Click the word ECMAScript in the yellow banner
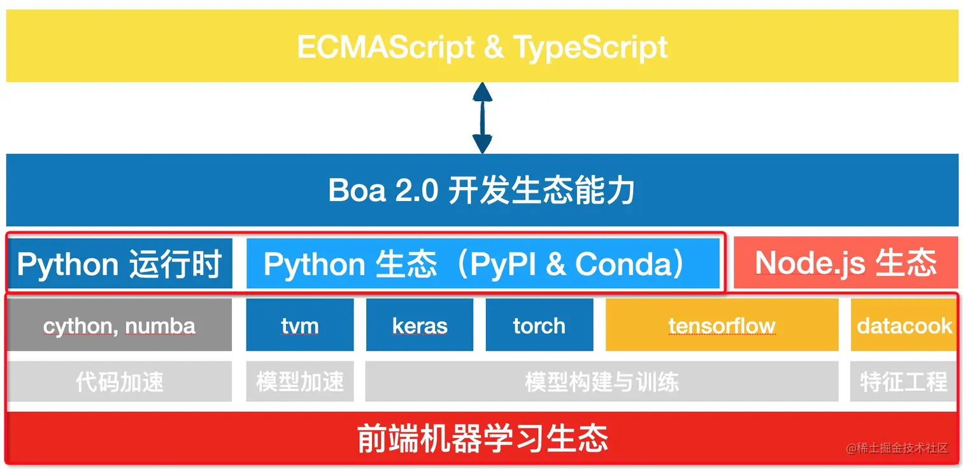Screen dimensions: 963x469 click(385, 47)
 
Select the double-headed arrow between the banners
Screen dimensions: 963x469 click(482, 118)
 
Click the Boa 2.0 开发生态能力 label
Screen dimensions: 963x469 click(481, 190)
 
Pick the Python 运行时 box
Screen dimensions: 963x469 click(120, 263)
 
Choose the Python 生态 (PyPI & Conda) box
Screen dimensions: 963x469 click(483, 263)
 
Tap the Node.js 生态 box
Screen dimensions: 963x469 click(845, 262)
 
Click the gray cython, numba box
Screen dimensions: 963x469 click(120, 325)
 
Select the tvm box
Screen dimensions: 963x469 click(300, 325)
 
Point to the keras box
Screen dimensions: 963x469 click(420, 325)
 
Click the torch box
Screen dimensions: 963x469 click(539, 325)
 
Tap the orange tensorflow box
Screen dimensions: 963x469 click(722, 325)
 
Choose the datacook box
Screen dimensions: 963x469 click(904, 325)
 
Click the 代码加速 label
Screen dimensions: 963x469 click(120, 382)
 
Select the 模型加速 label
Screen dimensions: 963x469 click(300, 382)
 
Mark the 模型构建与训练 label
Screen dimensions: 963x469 click(602, 382)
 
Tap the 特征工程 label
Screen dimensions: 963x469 click(904, 382)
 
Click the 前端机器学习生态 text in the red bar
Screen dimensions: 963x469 click(482, 438)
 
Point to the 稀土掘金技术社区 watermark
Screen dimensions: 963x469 click(897, 448)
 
